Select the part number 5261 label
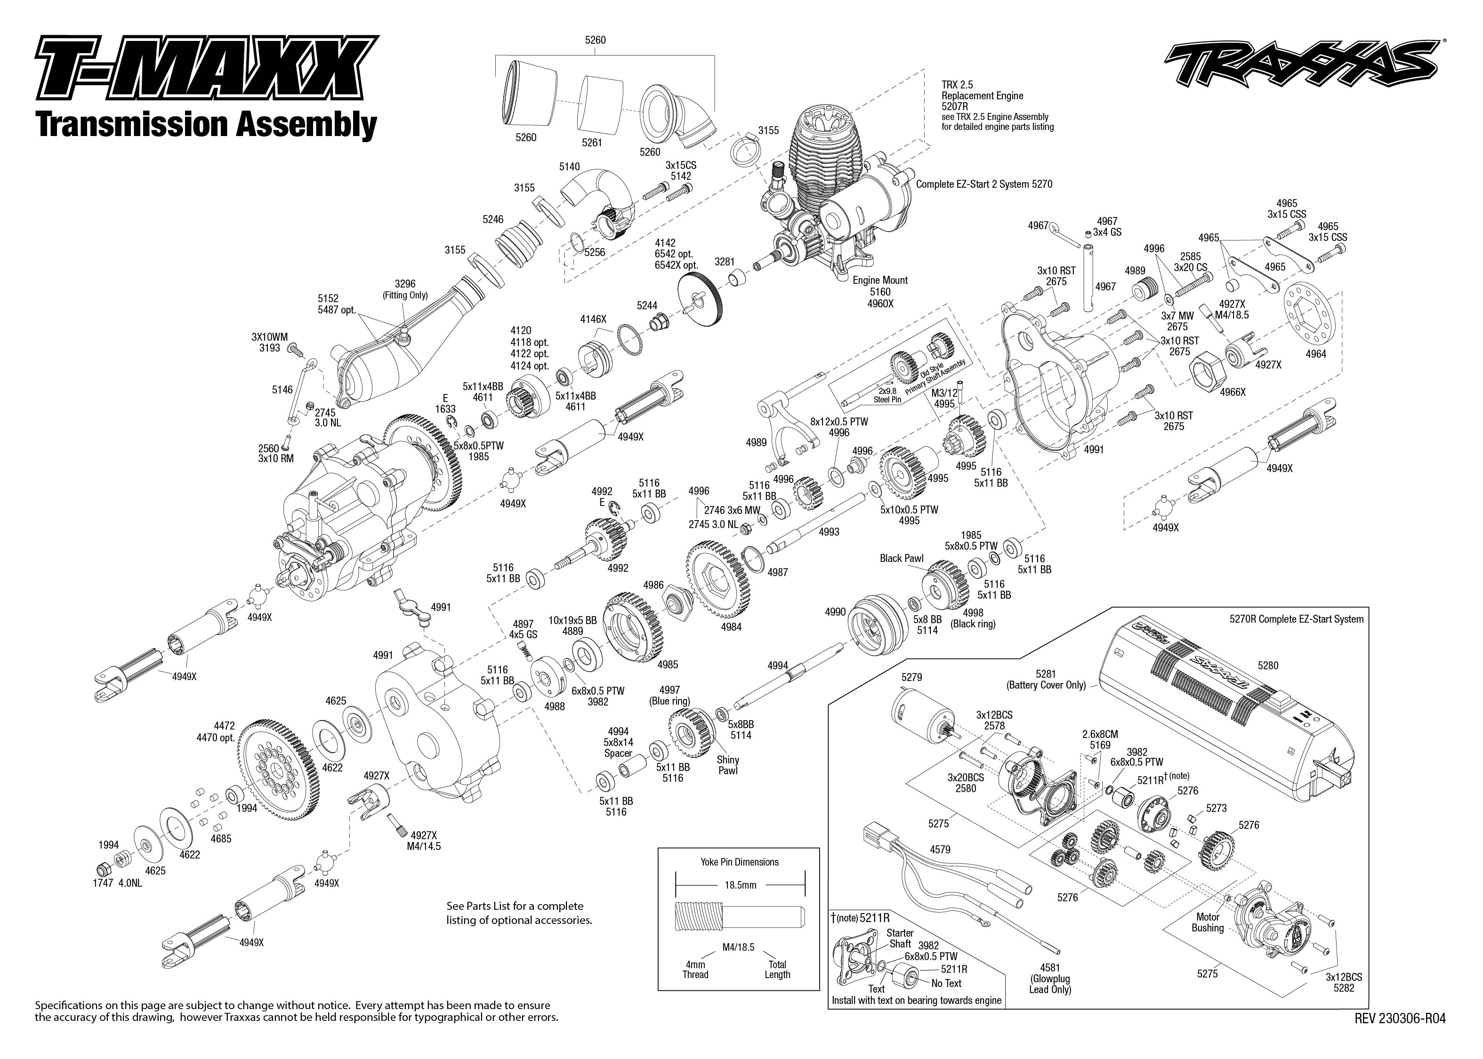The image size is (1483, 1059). (591, 143)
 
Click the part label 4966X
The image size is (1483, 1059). (1232, 392)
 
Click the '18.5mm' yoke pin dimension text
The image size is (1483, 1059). (740, 885)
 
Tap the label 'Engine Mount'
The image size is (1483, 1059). (880, 281)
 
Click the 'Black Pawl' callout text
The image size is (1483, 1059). (901, 558)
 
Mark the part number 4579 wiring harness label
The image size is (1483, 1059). (940, 850)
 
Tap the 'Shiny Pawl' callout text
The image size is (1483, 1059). (727, 765)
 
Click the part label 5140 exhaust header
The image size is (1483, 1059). (569, 167)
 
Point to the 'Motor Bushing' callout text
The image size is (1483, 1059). (1208, 922)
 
